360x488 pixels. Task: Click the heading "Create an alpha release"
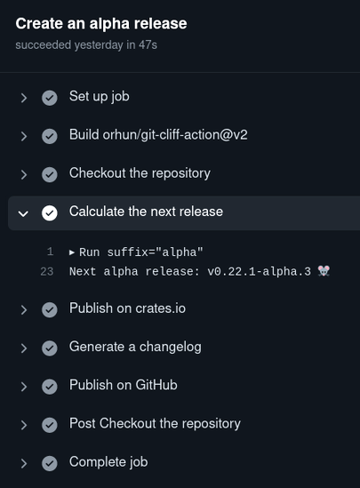pyautogui.click(x=101, y=24)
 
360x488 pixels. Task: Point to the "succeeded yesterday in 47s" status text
pyautogui.click(x=86, y=45)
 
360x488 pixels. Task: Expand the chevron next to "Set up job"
pyautogui.click(x=24, y=98)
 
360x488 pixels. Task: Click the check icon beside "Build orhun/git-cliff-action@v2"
pyautogui.click(x=50, y=136)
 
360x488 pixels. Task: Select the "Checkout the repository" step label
pyautogui.click(x=140, y=173)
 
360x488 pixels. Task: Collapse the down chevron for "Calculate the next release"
pyautogui.click(x=23, y=213)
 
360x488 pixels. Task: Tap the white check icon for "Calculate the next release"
pyautogui.click(x=50, y=212)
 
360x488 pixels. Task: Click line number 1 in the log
pyautogui.click(x=51, y=252)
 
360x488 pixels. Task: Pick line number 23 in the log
pyautogui.click(x=47, y=271)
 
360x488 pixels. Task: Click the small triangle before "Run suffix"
pyautogui.click(x=72, y=252)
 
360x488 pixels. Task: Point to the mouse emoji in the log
pyautogui.click(x=324, y=271)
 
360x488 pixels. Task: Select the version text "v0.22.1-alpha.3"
pyautogui.click(x=259, y=271)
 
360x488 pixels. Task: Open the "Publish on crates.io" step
pyautogui.click(x=127, y=308)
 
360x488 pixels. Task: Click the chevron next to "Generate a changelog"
pyautogui.click(x=24, y=348)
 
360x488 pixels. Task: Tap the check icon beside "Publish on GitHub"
pyautogui.click(x=50, y=387)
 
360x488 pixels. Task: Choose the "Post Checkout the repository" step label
pyautogui.click(x=155, y=424)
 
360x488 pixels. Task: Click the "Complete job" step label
pyautogui.click(x=108, y=462)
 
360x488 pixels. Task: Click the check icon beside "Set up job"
pyautogui.click(x=50, y=98)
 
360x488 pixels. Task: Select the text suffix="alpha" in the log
pyautogui.click(x=155, y=252)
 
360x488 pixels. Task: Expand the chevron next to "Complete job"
pyautogui.click(x=24, y=463)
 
